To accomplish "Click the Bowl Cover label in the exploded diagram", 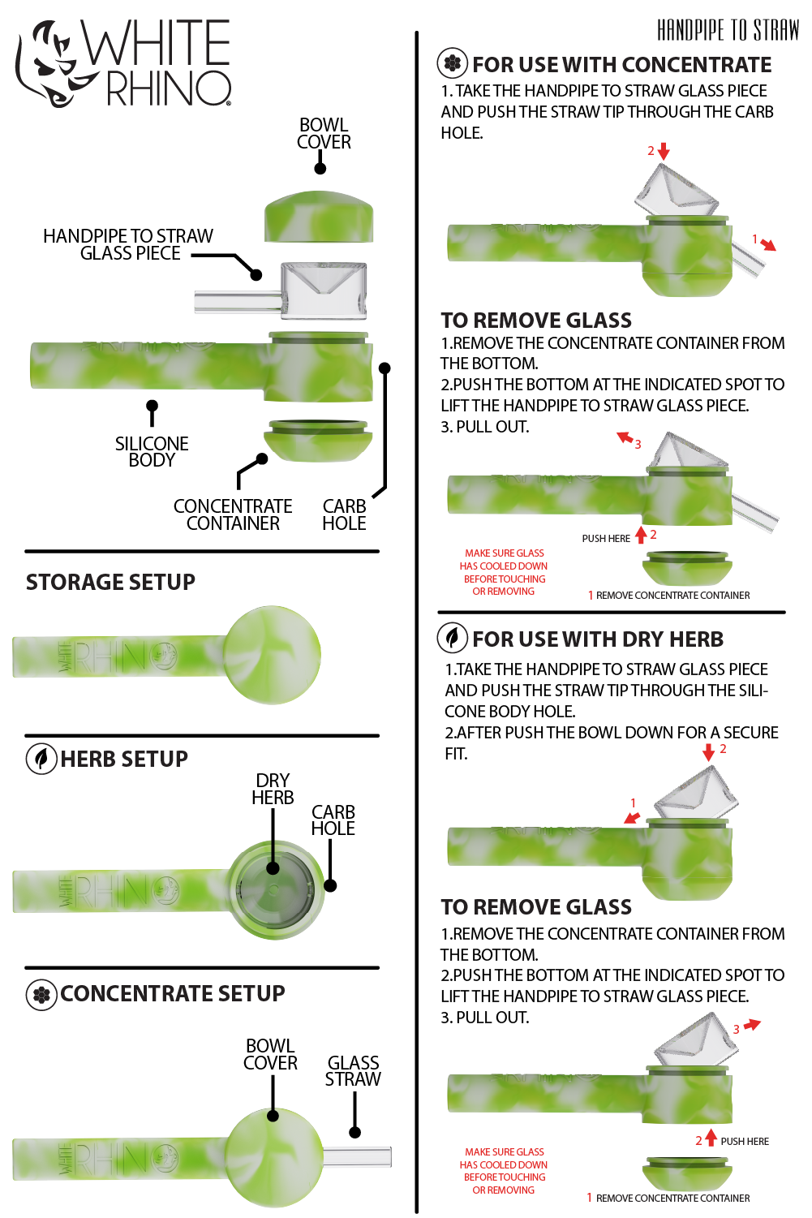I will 324,134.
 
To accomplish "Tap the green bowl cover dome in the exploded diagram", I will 319,216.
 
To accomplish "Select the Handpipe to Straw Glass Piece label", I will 128,244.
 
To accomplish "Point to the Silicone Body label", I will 152,451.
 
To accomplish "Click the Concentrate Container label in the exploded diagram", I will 233,514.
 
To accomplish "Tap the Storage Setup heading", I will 110,582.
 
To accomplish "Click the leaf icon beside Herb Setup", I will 41,759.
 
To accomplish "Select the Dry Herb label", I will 273,789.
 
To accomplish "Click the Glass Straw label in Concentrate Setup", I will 353,1070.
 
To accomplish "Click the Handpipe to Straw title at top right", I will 728,31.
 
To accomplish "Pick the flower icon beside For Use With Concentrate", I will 453,62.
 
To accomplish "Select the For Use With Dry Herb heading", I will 598,639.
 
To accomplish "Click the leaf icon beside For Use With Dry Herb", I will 453,638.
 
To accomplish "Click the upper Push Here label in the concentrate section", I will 606,539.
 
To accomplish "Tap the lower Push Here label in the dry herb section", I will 745,1142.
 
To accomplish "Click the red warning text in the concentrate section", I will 504,572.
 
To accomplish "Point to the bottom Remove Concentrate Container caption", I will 672,1199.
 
